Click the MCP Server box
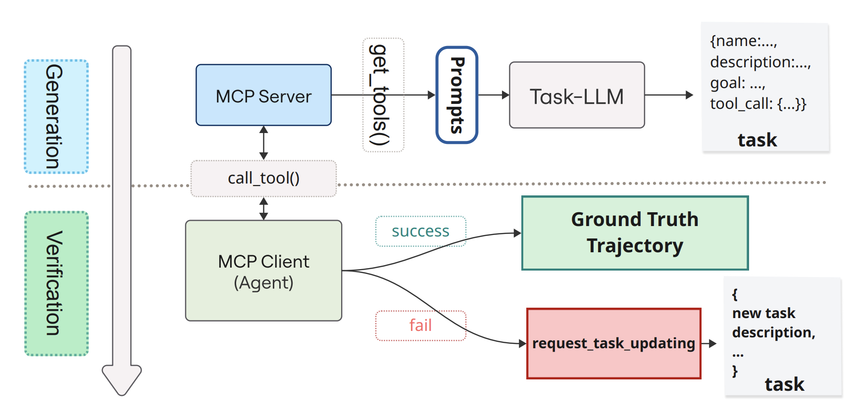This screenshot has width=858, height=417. point(263,95)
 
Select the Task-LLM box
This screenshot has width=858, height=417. point(577,95)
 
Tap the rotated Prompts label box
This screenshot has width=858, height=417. point(456,95)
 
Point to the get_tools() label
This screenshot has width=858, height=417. point(383,95)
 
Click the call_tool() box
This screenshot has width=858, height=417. point(263,178)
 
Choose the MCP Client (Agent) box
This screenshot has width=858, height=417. point(263,271)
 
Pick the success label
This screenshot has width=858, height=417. point(420,231)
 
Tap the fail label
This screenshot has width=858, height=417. point(420,325)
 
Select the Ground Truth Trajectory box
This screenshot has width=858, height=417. point(635,233)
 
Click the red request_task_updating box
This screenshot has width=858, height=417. point(613,343)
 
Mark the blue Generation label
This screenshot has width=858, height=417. point(56,117)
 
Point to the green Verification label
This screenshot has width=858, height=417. point(56,283)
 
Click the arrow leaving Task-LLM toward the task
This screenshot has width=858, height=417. point(669,95)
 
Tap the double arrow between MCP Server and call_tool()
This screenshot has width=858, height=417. point(263,142)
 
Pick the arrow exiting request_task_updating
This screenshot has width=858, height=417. point(709,343)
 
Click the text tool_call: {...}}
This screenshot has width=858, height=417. point(758,104)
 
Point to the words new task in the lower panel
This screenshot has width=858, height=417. point(763,313)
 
